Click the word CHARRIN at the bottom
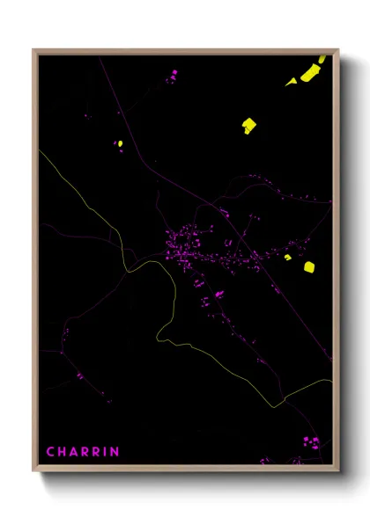82,452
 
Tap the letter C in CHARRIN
50,452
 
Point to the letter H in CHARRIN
63,452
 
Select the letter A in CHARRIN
75,452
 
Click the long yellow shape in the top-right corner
309,72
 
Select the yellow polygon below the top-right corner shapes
248,125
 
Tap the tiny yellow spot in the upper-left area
119,143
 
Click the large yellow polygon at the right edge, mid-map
309,266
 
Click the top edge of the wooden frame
185,51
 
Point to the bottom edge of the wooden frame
185,467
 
